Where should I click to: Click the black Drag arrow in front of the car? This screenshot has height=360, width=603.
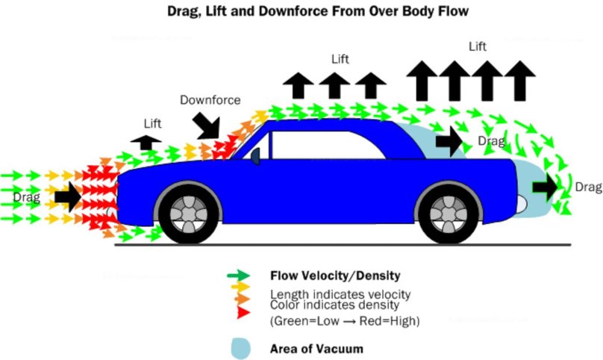pos(67,196)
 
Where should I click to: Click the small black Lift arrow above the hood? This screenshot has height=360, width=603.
pos(146,142)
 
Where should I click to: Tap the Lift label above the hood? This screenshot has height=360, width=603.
pos(151,122)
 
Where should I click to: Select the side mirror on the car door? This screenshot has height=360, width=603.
pos(255,156)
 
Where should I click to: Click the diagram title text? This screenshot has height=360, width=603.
pos(301,13)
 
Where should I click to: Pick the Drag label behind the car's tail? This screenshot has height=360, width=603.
pos(587,186)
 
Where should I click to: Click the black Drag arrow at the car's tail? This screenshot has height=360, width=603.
pos(546,187)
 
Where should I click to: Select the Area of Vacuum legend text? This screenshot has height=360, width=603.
pos(316,348)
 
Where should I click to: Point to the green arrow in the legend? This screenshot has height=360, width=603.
pos(240,275)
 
